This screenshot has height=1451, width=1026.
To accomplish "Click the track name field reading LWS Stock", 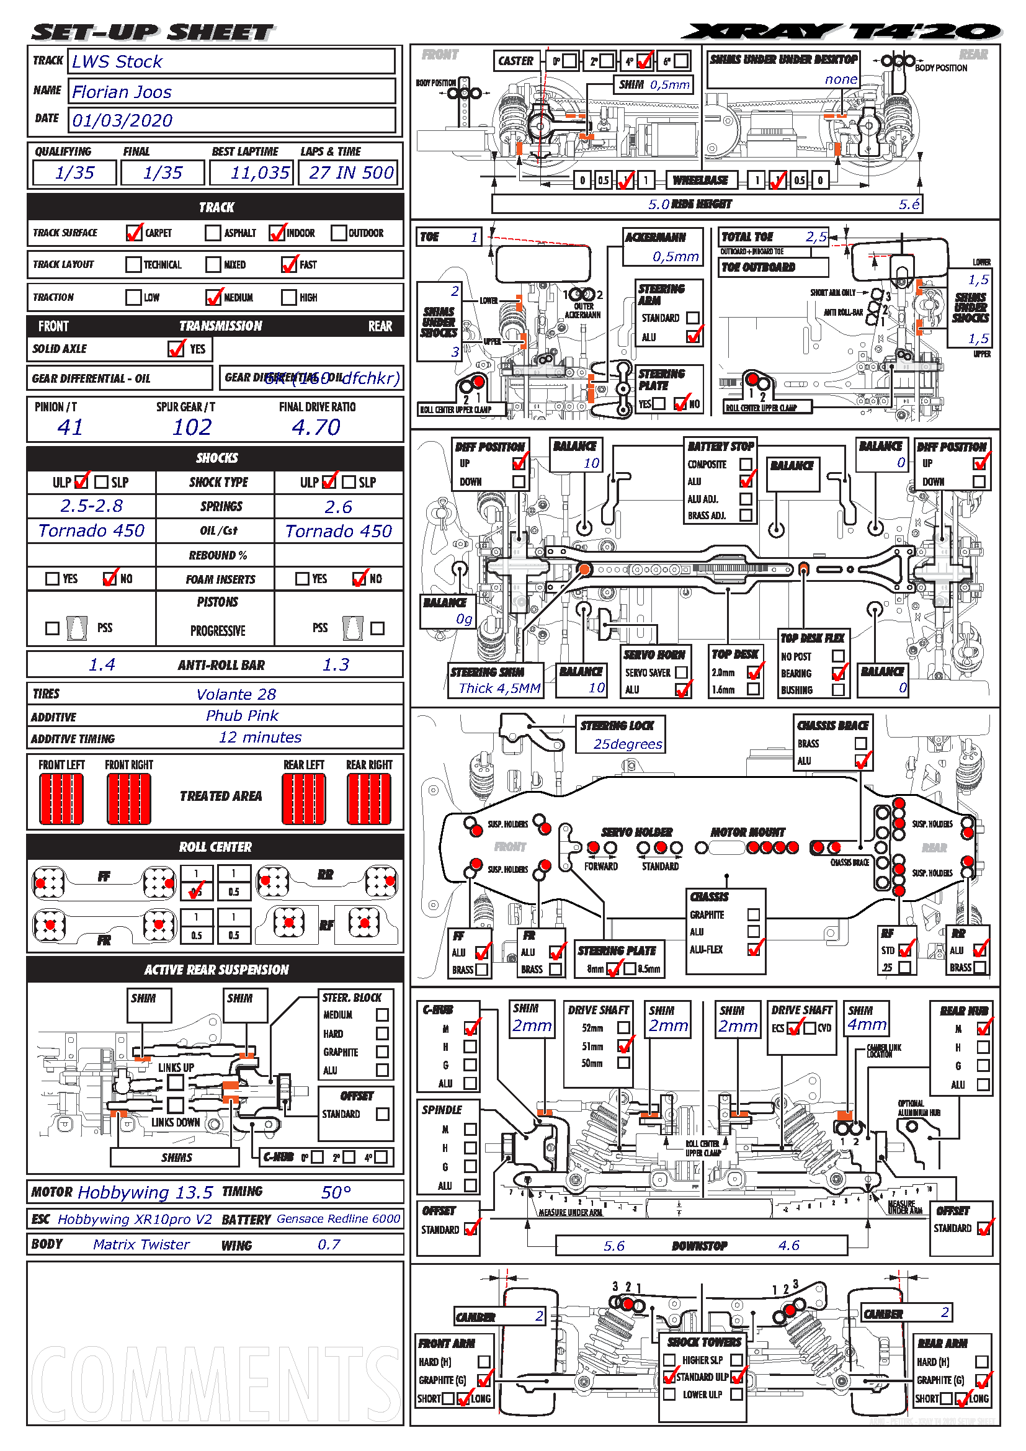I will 117,62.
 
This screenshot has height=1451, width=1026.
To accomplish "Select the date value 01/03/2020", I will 123,121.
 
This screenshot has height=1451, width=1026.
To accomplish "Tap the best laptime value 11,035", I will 260,172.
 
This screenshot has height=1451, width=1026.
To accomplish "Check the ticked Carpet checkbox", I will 134,233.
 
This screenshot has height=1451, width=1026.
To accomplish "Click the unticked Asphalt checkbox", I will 213,233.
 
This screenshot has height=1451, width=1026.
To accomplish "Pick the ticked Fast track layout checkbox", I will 289,264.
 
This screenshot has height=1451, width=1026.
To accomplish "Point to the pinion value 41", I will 70,428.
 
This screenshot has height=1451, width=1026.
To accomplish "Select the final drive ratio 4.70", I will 316,428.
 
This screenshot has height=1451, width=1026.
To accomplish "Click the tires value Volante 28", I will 236,695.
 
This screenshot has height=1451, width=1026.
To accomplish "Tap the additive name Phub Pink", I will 242,716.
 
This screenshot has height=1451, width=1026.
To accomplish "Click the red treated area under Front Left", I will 61,800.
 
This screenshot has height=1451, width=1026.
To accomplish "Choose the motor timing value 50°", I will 336,1192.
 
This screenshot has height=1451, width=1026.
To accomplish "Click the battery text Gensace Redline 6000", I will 339,1219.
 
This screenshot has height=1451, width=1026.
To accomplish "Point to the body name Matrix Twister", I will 141,1245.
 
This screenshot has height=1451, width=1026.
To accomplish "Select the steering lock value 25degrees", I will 627,744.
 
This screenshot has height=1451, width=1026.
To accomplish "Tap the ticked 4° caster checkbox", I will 645,61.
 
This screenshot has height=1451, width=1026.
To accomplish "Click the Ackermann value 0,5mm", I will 676,257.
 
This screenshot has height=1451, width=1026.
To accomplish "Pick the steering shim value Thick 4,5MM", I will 499,689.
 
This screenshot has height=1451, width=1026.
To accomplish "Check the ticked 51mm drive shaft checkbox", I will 624,1046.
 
